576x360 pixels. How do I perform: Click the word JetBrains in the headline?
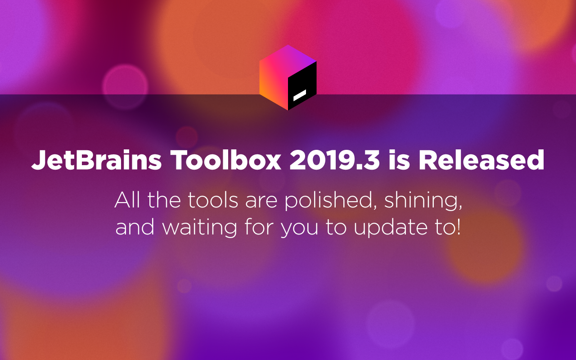click(96, 160)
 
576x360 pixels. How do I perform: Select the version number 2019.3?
click(334, 160)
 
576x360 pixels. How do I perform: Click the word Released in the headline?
click(481, 159)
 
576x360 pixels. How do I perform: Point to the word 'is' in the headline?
click(399, 159)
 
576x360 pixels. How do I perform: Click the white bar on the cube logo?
click(300, 95)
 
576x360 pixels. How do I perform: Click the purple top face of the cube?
click(288, 61)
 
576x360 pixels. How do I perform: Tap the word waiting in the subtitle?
click(199, 227)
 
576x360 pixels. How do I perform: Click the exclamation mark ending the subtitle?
click(458, 226)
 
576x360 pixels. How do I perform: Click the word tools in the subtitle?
click(213, 200)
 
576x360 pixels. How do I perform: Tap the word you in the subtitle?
click(300, 229)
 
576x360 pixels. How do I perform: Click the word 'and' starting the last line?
click(135, 226)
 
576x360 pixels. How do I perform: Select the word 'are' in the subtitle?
click(261, 202)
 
